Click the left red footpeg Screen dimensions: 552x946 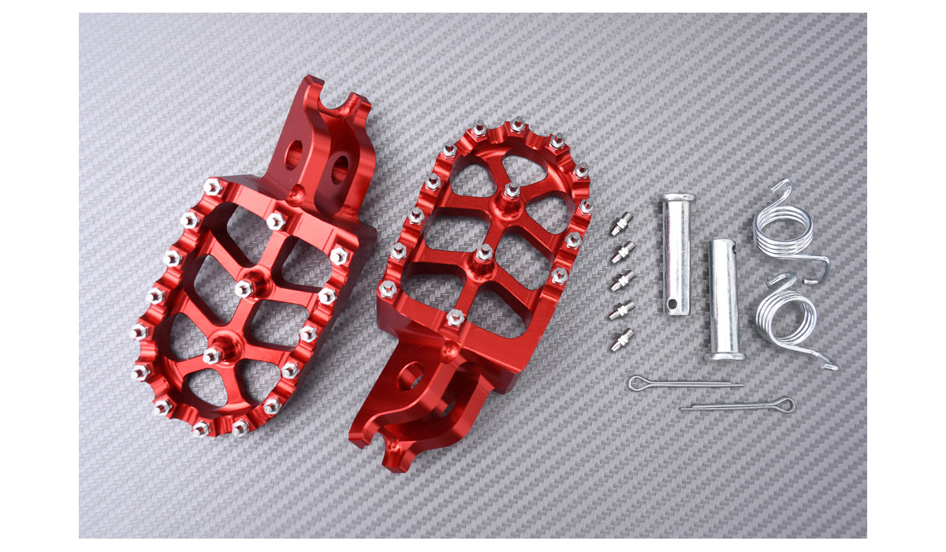(x=244, y=292)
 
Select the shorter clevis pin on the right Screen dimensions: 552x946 (x=724, y=300)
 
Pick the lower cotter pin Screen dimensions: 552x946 (x=737, y=406)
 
